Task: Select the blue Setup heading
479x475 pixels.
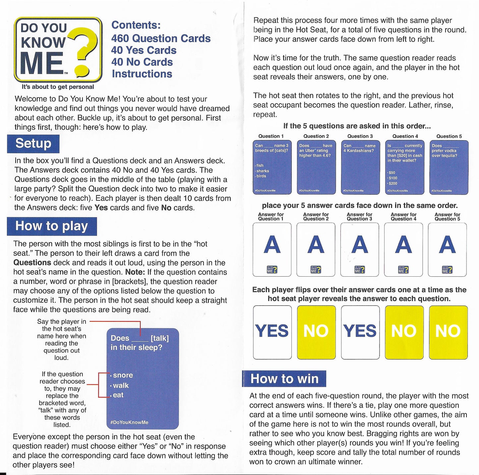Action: (33, 144)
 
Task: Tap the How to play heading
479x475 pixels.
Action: (52, 226)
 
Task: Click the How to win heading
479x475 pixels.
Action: (284, 379)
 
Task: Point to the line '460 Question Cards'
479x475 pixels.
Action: (161, 38)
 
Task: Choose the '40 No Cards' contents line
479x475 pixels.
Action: (142, 62)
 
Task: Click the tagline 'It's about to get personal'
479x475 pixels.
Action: (58, 87)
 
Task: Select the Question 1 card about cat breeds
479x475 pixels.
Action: (272, 167)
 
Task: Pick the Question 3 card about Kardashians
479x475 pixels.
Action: (360, 167)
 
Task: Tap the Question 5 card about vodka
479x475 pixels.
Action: (449, 167)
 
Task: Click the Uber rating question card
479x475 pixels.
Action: (316, 167)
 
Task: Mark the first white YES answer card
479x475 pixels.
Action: (272, 332)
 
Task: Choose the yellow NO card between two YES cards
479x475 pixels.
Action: (316, 332)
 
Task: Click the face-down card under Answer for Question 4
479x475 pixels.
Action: (403, 249)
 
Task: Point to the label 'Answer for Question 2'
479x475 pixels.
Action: (316, 217)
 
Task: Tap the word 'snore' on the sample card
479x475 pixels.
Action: (123, 375)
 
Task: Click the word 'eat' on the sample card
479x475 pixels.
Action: (118, 395)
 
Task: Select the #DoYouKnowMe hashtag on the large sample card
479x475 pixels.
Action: (129, 422)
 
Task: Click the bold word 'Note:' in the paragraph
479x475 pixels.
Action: (135, 272)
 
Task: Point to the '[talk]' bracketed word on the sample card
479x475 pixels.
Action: (159, 338)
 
